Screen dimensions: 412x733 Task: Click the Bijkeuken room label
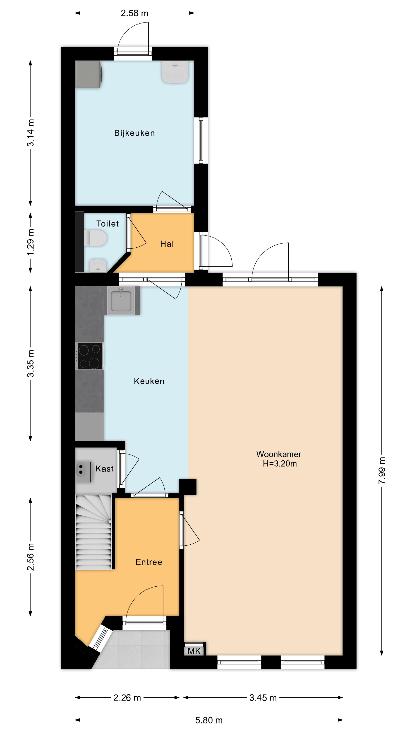[x=134, y=133]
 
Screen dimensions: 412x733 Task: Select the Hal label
[x=167, y=244]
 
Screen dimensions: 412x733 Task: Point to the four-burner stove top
[x=90, y=356]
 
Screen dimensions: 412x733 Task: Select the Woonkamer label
[x=279, y=454]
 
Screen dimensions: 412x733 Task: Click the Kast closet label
[x=104, y=469]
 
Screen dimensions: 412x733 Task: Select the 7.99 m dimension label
[x=382, y=471]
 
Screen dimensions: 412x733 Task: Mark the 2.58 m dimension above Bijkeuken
[x=134, y=13]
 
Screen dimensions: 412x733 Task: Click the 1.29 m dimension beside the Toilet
[x=31, y=242]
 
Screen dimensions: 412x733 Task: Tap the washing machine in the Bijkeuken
[x=89, y=75]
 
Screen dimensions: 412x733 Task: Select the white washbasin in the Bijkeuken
[x=175, y=72]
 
